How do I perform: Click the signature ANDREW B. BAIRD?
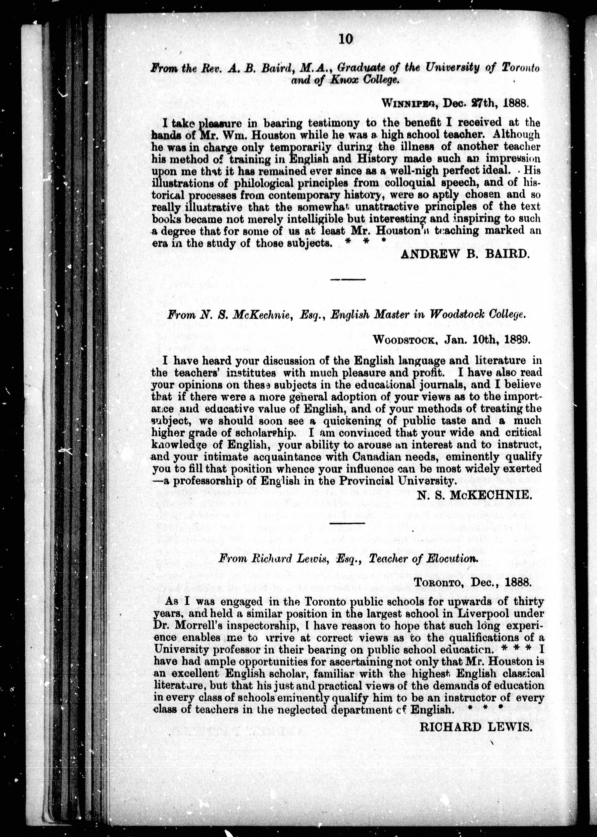click(x=465, y=254)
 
